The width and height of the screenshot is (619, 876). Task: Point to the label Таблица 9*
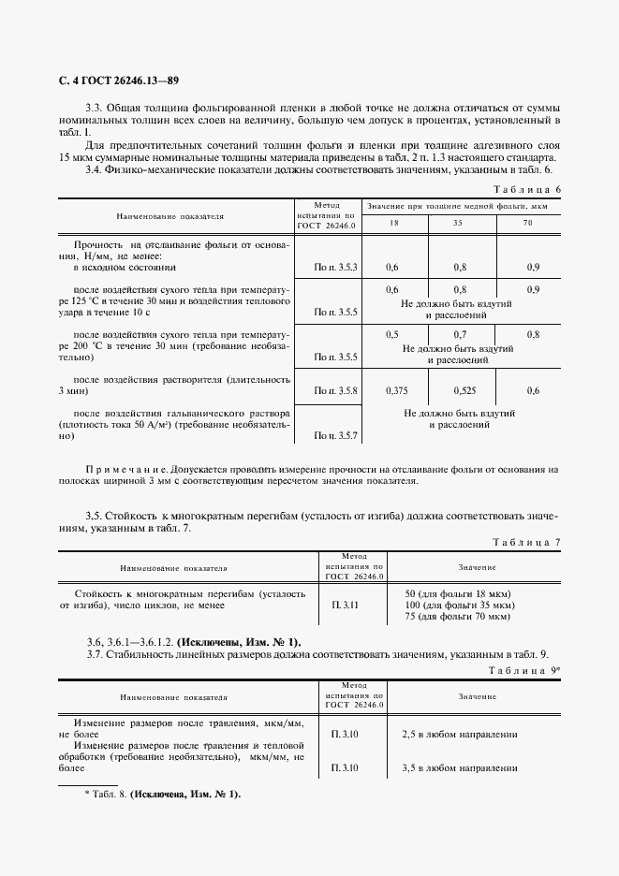click(525, 671)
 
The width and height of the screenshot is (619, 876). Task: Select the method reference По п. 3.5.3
click(336, 268)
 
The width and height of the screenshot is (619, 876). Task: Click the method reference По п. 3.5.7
click(336, 436)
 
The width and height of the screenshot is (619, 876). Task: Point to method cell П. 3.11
click(345, 606)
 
